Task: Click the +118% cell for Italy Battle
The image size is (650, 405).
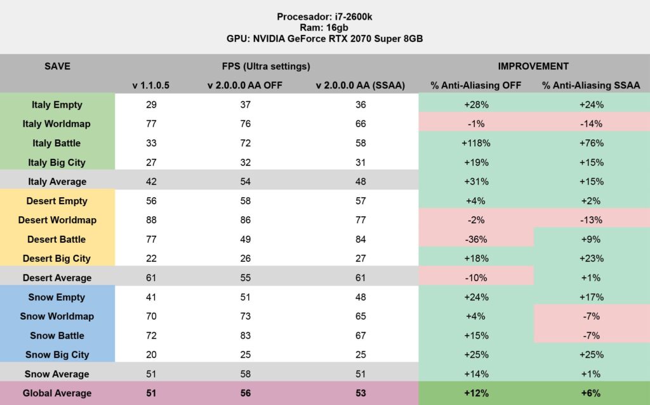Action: [476, 143]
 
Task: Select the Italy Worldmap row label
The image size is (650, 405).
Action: [57, 124]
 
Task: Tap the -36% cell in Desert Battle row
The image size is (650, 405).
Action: [476, 239]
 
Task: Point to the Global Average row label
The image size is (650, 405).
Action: [57, 393]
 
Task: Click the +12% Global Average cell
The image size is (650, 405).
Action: [476, 393]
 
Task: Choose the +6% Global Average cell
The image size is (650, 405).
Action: [591, 393]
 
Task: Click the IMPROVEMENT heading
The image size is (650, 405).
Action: [533, 66]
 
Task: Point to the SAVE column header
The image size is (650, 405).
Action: [57, 66]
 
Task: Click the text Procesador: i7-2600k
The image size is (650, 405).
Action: [325, 16]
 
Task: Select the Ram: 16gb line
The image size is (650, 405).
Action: [325, 27]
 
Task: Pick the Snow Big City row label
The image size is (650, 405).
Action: [57, 355]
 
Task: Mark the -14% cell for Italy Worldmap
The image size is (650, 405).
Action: [591, 124]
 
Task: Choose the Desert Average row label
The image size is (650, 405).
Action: [57, 278]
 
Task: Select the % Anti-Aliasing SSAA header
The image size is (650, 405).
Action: [591, 85]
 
